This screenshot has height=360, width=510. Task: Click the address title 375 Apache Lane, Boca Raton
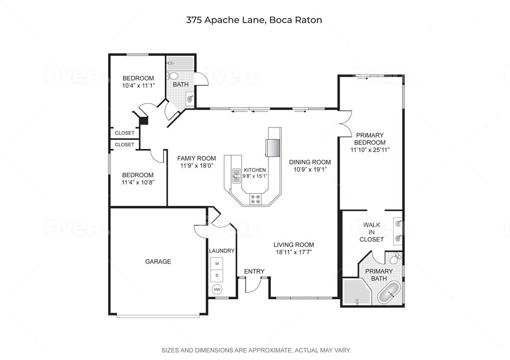(254, 20)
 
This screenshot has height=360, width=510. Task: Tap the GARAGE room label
(158, 261)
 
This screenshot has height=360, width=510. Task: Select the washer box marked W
(217, 263)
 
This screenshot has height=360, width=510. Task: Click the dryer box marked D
(217, 275)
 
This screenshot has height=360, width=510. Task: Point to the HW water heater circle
(217, 289)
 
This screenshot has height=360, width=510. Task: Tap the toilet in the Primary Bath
(396, 258)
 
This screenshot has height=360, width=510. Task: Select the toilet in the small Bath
(172, 76)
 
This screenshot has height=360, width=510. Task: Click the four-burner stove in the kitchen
(255, 199)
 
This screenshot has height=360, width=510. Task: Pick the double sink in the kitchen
(236, 176)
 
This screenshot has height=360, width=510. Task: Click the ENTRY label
(254, 271)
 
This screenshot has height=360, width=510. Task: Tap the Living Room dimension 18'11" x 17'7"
(293, 252)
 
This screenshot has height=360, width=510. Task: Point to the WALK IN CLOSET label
(372, 232)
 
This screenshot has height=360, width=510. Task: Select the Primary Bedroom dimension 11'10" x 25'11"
(370, 150)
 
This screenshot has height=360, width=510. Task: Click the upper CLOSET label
(125, 133)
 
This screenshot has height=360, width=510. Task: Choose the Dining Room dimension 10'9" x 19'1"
(310, 169)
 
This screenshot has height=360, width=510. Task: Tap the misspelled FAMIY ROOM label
(196, 158)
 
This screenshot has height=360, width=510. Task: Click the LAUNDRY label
(222, 251)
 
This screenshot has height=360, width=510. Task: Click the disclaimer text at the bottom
(256, 350)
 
